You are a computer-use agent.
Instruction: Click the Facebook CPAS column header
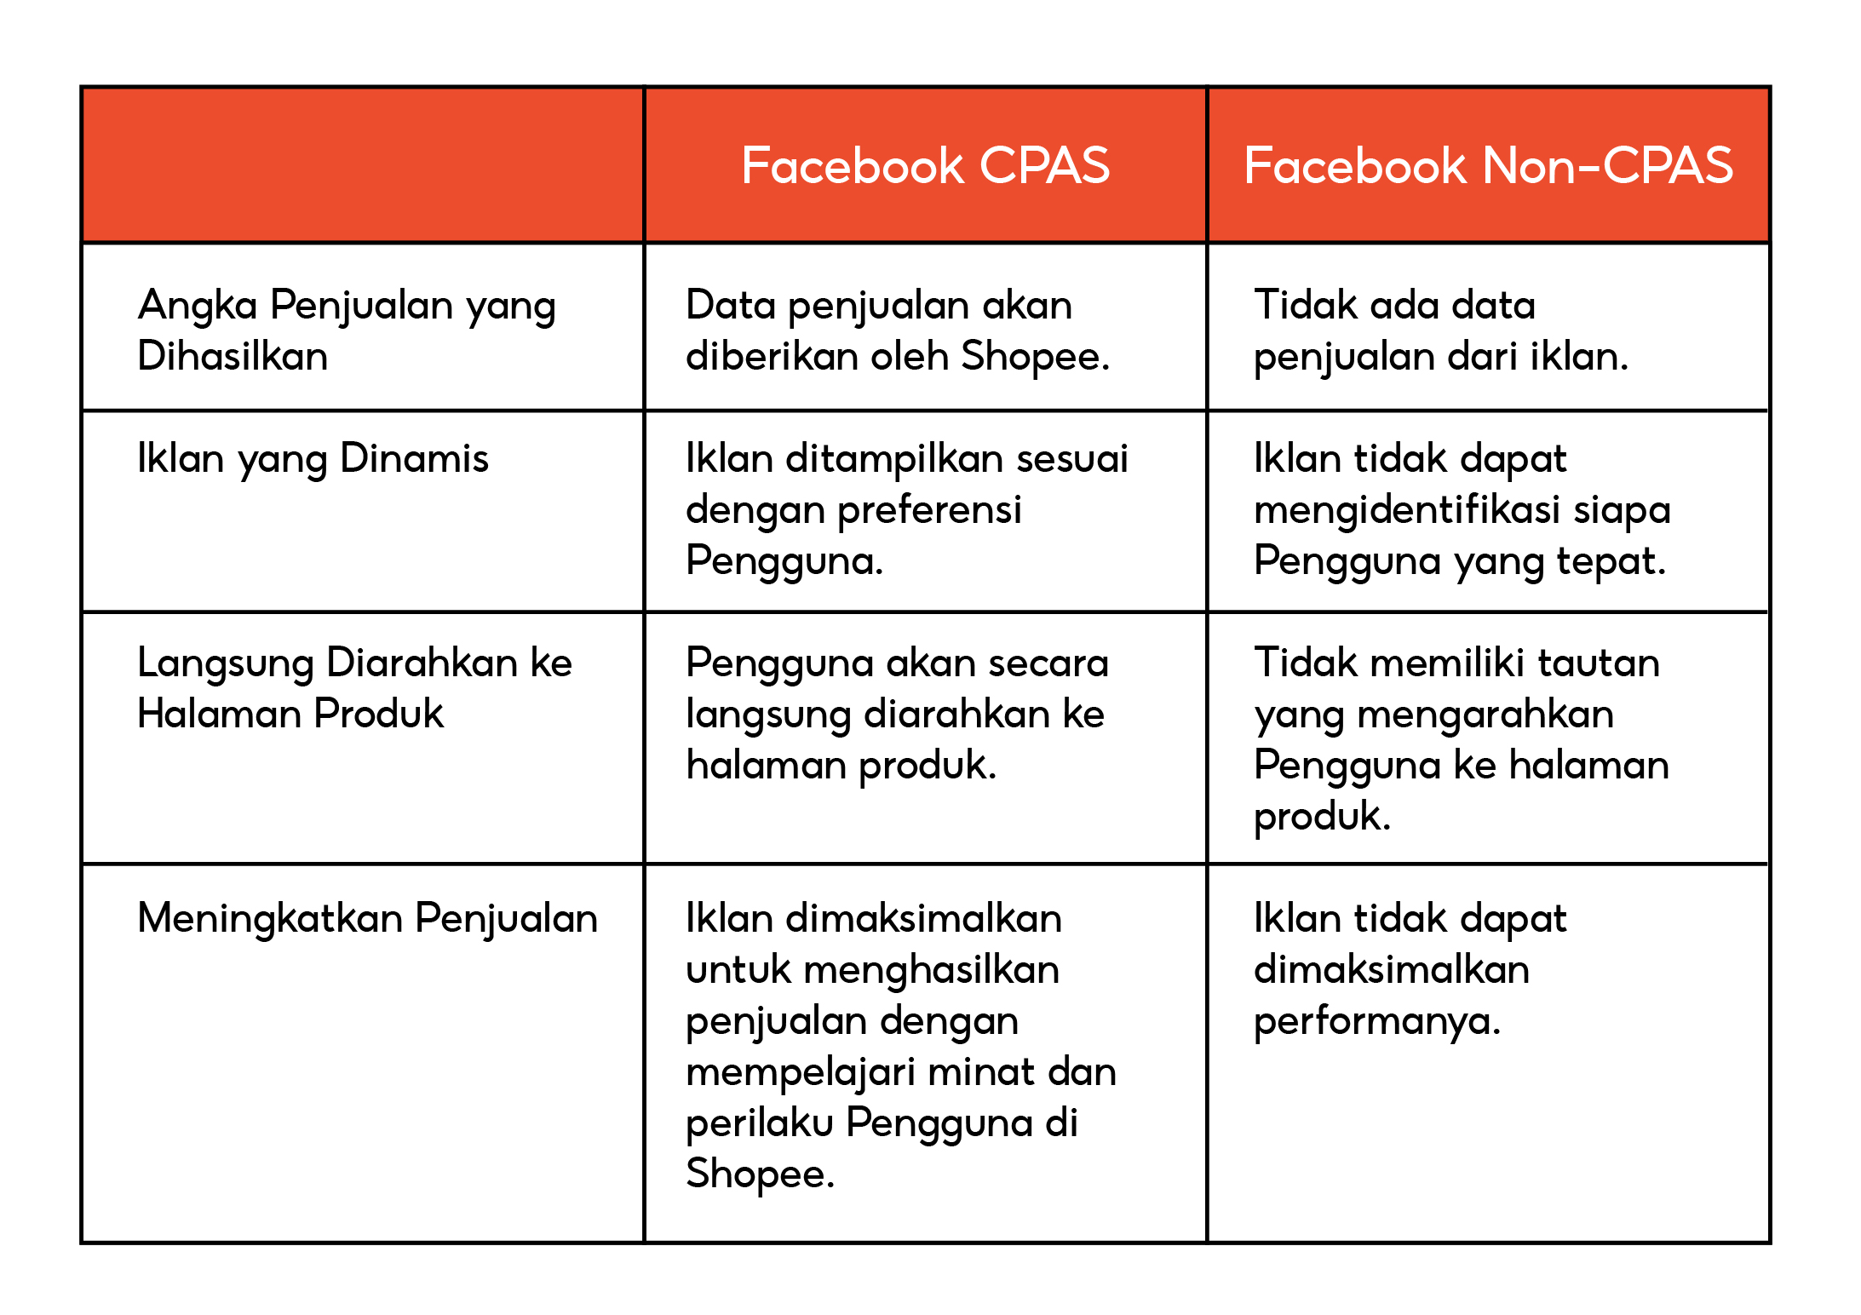pyautogui.click(x=925, y=165)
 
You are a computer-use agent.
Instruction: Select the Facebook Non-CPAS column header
pyautogui.click(x=1488, y=165)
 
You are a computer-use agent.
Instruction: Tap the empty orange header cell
pyautogui.click(x=363, y=165)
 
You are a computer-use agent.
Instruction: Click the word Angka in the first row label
pyautogui.click(x=198, y=306)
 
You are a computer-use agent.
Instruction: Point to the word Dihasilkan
pyautogui.click(x=233, y=356)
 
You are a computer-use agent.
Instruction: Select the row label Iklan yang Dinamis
pyautogui.click(x=313, y=459)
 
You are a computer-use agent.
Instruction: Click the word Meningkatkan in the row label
pyautogui.click(x=271, y=919)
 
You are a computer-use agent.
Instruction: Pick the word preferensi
pyautogui.click(x=930, y=510)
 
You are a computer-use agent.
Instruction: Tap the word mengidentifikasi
pyautogui.click(x=1408, y=510)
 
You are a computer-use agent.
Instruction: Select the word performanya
pyautogui.click(x=1376, y=1021)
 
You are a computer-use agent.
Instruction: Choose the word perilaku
pyautogui.click(x=760, y=1123)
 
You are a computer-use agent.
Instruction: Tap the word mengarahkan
pyautogui.click(x=1485, y=715)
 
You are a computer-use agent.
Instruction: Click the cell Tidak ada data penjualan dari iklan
pyautogui.click(x=1439, y=330)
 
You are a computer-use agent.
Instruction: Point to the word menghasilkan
pyautogui.click(x=932, y=970)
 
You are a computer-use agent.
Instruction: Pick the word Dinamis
pyautogui.click(x=414, y=459)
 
